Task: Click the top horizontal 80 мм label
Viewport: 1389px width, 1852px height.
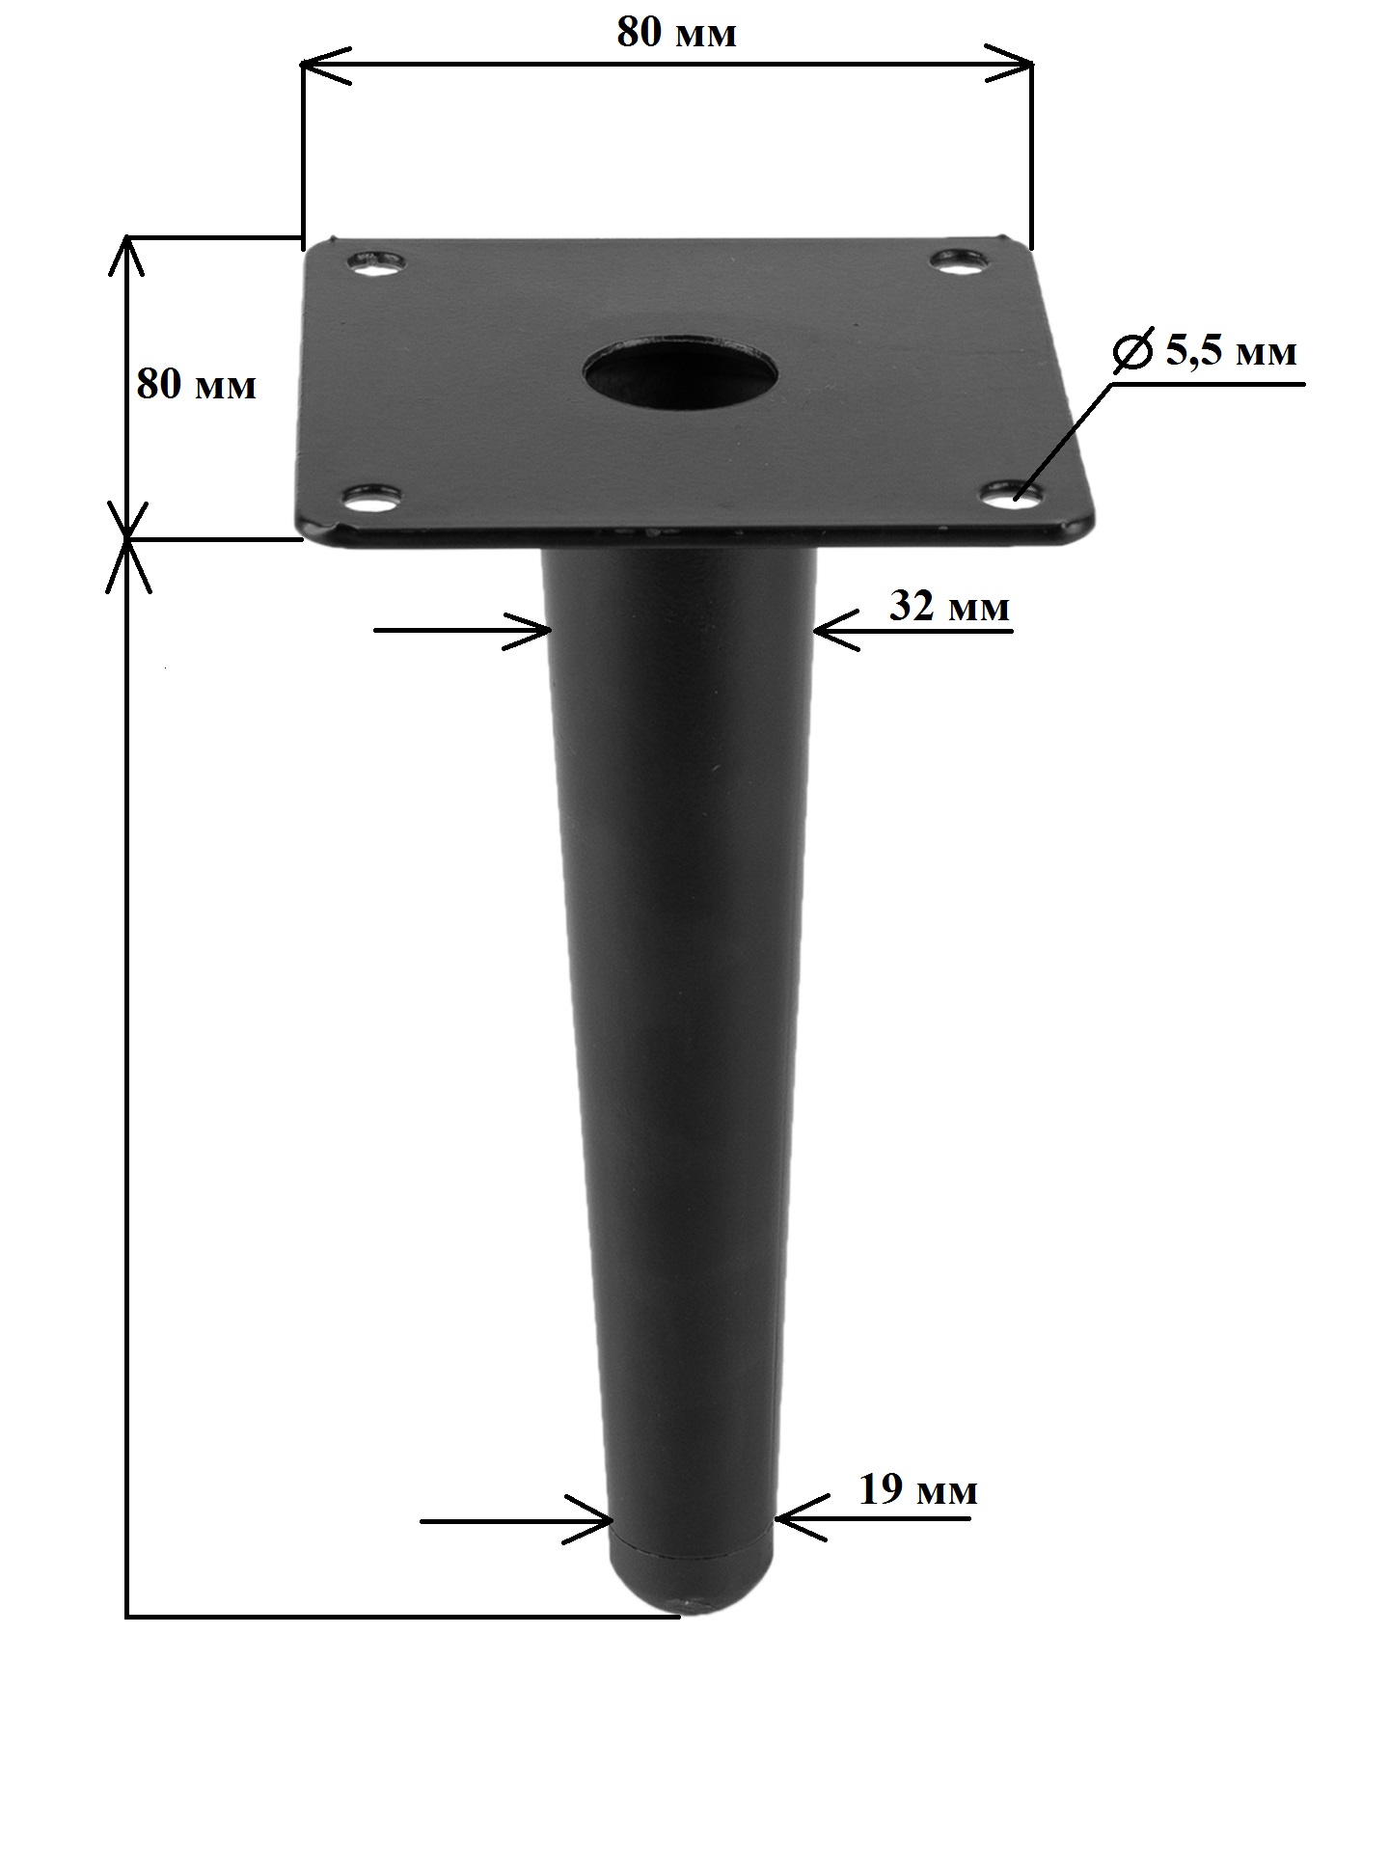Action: [x=676, y=33]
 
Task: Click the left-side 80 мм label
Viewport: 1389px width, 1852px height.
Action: [x=197, y=385]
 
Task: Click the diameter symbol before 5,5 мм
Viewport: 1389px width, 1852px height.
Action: [x=1132, y=351]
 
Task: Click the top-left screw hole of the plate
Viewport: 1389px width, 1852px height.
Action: [x=375, y=262]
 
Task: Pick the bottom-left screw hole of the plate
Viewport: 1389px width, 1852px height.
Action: [x=373, y=498]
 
